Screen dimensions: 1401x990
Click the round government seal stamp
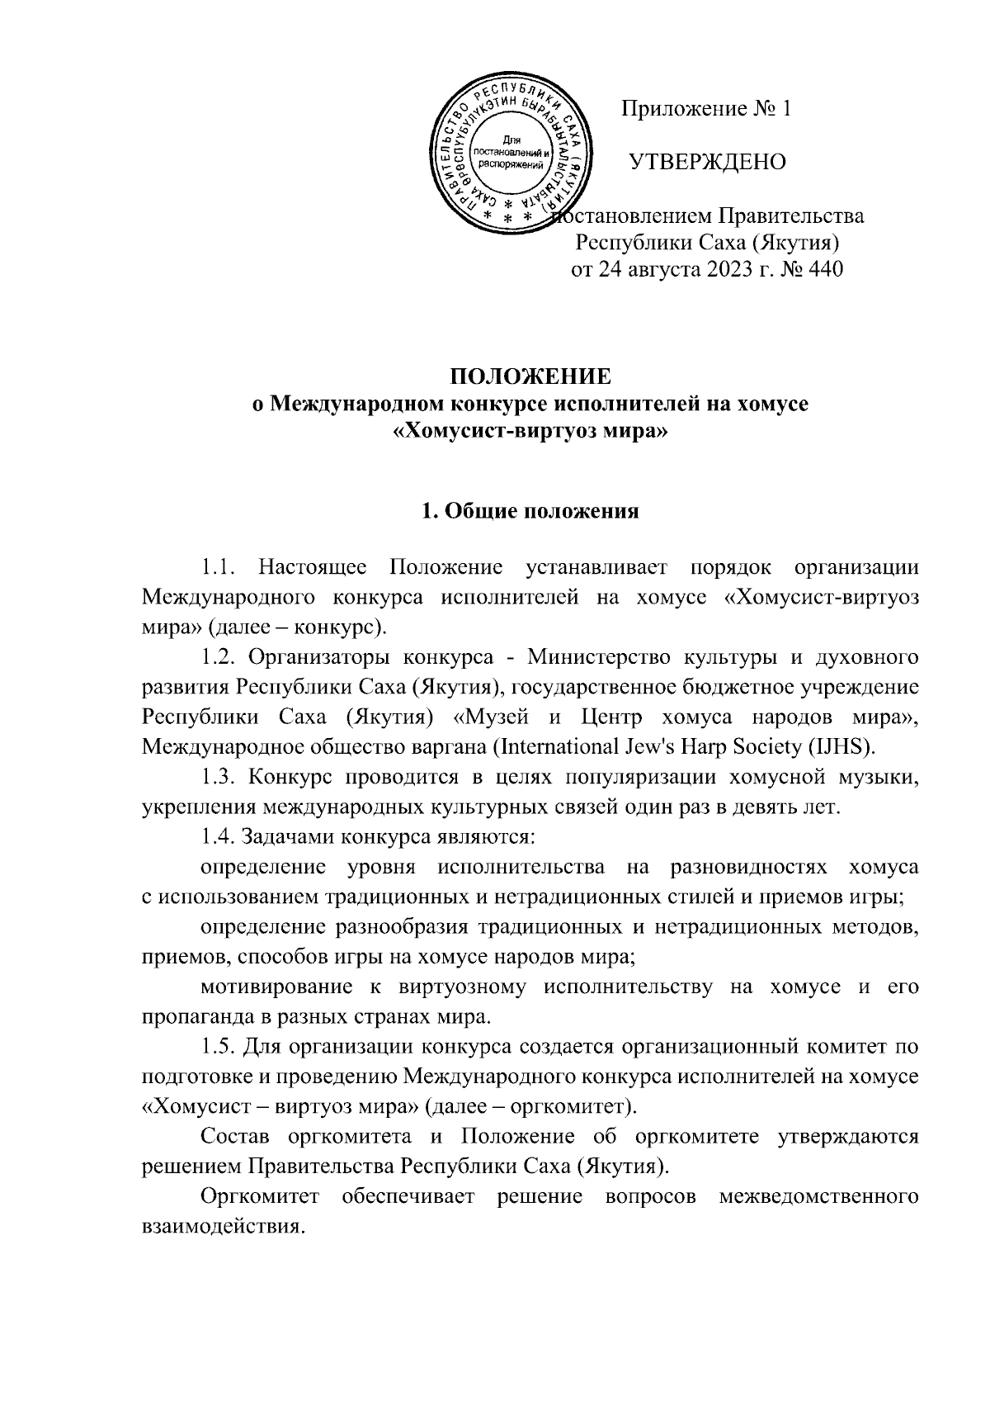506,154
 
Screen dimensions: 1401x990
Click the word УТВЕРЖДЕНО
707,163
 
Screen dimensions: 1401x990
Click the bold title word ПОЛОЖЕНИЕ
530,377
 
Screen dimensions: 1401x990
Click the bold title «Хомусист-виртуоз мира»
530,431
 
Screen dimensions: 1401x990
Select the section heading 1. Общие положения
530,511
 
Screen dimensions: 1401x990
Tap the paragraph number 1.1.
219,568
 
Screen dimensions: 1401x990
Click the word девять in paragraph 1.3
757,807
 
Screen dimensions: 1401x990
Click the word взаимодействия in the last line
217,1225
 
